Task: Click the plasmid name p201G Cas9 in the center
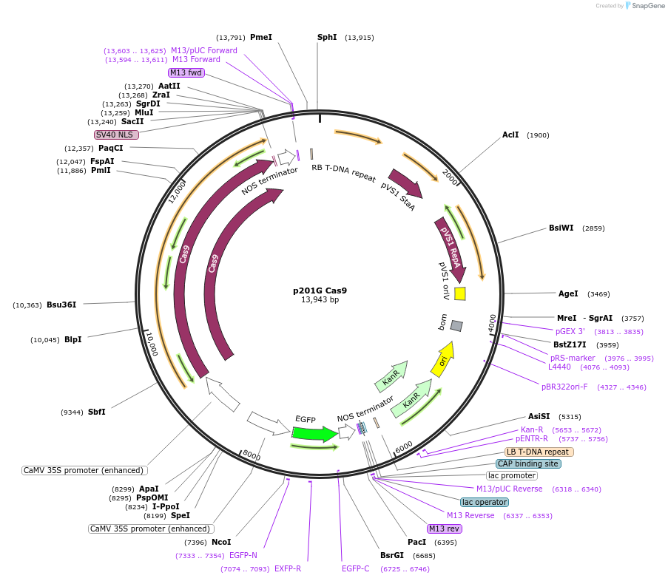[320, 290]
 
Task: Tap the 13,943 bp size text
[320, 300]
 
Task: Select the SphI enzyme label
[327, 37]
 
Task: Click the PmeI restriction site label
[261, 37]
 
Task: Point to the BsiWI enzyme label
[561, 228]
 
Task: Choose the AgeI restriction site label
[568, 293]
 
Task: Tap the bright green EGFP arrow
[316, 434]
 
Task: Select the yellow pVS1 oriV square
[459, 293]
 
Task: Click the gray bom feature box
[456, 326]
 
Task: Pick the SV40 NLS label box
[116, 135]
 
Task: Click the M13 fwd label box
[186, 72]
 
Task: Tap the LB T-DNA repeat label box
[539, 452]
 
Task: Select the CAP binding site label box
[528, 463]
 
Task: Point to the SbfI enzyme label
[96, 412]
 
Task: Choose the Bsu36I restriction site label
[61, 305]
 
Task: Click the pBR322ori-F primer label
[564, 387]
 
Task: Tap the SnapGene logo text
[644, 6]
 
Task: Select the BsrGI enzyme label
[392, 555]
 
